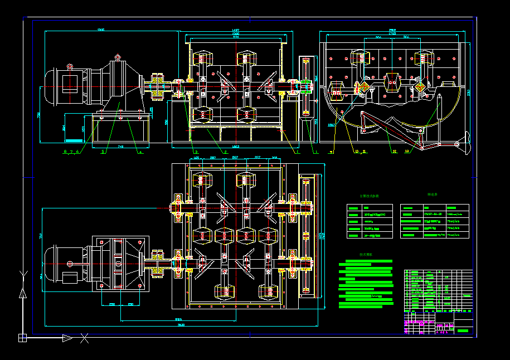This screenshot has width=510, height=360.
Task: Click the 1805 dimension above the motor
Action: coord(101,30)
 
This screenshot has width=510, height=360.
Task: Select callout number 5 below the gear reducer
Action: coord(103,151)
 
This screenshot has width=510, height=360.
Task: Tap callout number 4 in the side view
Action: coord(140,151)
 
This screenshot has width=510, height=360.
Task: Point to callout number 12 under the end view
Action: coord(395,151)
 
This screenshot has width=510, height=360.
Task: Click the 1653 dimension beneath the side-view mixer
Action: coord(235,146)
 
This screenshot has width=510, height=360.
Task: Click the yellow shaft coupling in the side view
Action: coord(157,87)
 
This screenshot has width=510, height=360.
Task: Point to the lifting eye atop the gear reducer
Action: coord(117,57)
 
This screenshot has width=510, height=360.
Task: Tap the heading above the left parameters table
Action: coord(369,196)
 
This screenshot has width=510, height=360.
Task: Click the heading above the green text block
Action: coord(366,255)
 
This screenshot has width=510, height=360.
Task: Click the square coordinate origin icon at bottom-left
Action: coord(23,337)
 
